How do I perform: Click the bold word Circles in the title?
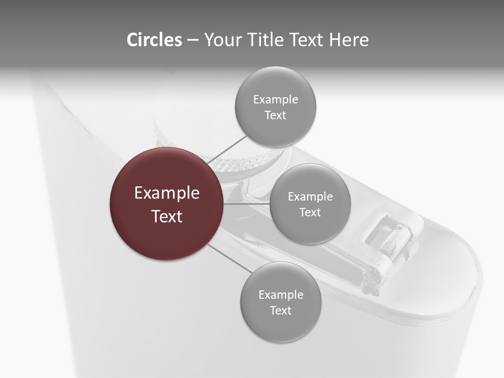pyautogui.click(x=154, y=39)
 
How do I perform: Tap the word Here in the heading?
pyautogui.click(x=349, y=39)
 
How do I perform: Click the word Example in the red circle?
pyautogui.click(x=167, y=193)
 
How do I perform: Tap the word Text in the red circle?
pyautogui.click(x=167, y=216)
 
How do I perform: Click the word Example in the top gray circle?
pyautogui.click(x=276, y=100)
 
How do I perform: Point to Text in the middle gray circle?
pyautogui.click(x=310, y=212)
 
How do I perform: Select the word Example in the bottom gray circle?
pyautogui.click(x=280, y=295)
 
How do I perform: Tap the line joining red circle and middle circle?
pyautogui.click(x=247, y=204)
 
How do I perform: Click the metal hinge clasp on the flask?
pyautogui.click(x=391, y=239)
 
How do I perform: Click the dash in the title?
pyautogui.click(x=193, y=40)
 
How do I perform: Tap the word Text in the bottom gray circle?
pyautogui.click(x=280, y=310)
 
